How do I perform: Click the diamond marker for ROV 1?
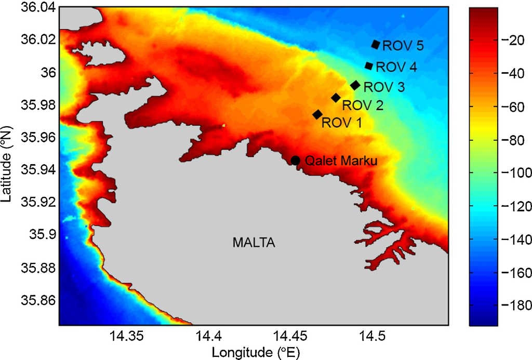click(317, 114)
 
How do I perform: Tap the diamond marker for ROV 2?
click(336, 98)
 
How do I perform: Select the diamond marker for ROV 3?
click(355, 85)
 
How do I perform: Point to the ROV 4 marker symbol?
click(369, 66)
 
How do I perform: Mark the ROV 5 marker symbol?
click(376, 45)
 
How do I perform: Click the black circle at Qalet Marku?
click(296, 161)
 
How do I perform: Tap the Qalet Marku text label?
click(340, 161)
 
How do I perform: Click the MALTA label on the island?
click(254, 243)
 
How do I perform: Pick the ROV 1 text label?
click(342, 123)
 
